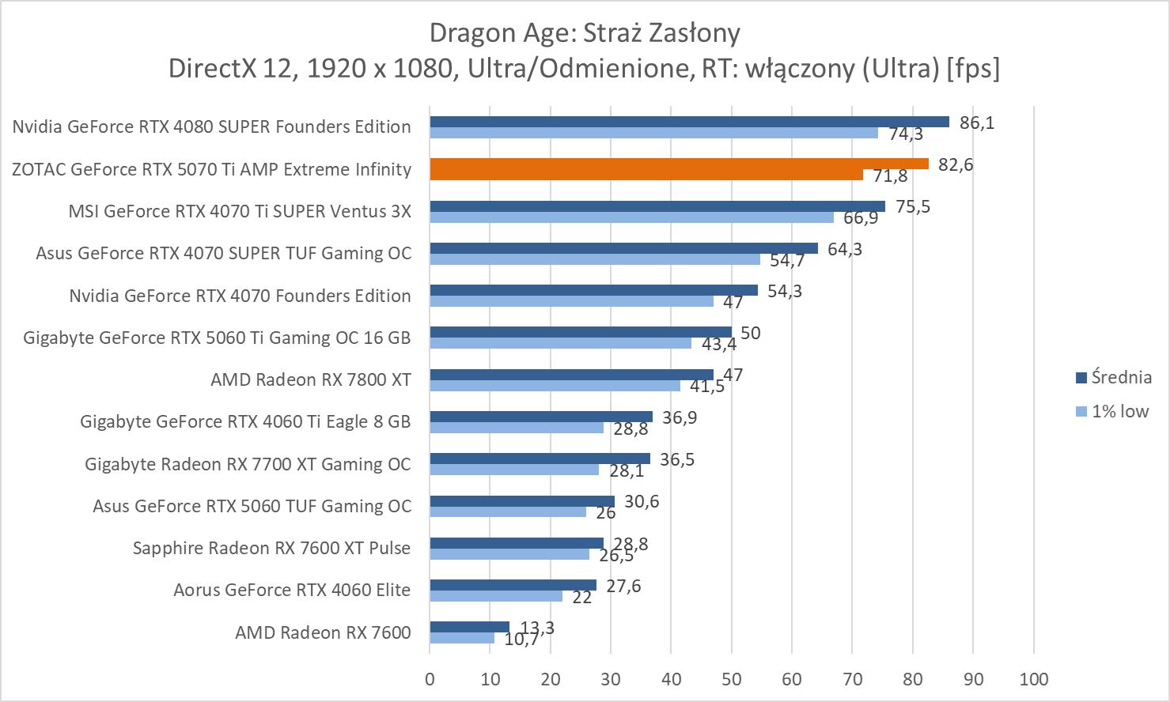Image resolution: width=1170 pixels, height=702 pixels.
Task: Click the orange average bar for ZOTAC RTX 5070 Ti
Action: coord(679,164)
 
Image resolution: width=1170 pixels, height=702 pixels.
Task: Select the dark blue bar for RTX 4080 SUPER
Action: coord(688,122)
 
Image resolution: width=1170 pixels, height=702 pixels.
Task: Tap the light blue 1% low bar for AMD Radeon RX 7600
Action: coord(462,638)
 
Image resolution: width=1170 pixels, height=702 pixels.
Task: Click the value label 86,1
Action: coord(977,123)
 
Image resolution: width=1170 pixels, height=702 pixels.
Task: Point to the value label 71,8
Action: coord(890,176)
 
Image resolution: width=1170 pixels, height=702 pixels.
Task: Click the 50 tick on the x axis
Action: coord(732,679)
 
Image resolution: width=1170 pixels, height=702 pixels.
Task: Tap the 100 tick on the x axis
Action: coord(1034,679)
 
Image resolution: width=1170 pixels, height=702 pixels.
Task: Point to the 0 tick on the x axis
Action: coord(430,679)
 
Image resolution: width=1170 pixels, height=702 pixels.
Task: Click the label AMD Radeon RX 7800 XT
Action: coord(310,379)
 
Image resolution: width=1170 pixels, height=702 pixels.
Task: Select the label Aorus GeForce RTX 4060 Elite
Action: coord(292,590)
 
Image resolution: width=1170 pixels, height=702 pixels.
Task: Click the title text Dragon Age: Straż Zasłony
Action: coord(585,33)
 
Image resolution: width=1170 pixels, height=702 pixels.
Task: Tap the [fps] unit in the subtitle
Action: coord(973,69)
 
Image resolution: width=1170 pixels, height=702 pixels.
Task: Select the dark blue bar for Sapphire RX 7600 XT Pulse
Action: coord(517,543)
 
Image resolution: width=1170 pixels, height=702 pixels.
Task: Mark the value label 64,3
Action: coord(845,249)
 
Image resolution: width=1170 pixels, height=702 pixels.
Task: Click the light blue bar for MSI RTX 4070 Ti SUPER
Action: coord(631,217)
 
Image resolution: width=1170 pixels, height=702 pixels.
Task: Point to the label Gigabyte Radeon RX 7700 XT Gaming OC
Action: coord(248,464)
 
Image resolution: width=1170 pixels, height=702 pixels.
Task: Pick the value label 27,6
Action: coord(623,586)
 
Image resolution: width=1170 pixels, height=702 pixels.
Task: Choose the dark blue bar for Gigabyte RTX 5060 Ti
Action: coord(581,332)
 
